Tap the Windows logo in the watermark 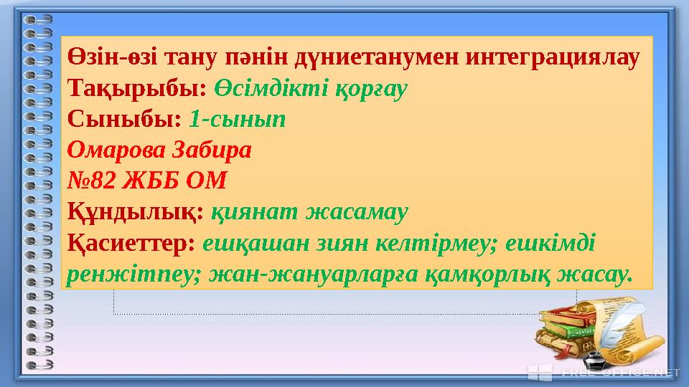click(540, 372)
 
